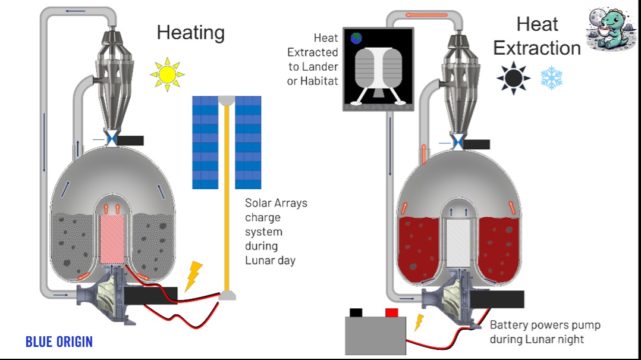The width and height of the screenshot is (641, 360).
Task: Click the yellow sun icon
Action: pos(167,74)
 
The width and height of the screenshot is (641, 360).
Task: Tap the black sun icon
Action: pos(513,77)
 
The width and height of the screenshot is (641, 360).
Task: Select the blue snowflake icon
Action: pos(551,78)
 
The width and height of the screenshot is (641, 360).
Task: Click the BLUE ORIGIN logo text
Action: pos(59,342)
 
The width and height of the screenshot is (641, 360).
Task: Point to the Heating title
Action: pos(190,32)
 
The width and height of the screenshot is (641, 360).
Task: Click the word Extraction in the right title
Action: pos(537,48)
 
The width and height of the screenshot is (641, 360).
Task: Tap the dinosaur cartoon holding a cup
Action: pos(611,29)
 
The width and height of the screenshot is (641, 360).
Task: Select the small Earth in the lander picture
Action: pos(357,38)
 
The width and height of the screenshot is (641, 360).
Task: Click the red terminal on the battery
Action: pos(391,312)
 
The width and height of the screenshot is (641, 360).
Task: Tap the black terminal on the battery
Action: pos(356,312)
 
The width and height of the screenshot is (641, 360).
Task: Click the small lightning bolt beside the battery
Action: pos(419,322)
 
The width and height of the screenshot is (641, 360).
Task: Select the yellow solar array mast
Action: pos(226,196)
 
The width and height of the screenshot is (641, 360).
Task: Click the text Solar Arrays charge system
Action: pos(275,231)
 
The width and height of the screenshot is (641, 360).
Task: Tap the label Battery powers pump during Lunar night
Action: pos(545,332)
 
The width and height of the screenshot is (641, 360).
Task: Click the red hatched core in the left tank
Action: pos(111,239)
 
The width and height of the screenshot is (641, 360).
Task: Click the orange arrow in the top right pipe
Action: pos(425,14)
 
